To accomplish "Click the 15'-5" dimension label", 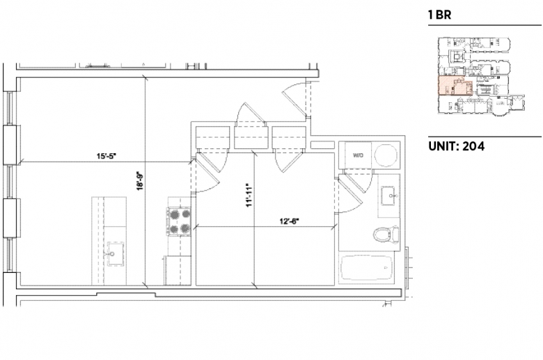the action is pyautogui.click(x=106, y=156).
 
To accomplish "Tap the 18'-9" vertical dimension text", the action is pyautogui.click(x=140, y=181).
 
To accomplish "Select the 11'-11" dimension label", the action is pyautogui.click(x=249, y=196).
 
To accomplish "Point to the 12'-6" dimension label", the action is pyautogui.click(x=289, y=221).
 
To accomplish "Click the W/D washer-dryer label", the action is pyautogui.click(x=358, y=155).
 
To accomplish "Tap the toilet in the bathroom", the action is pyautogui.click(x=386, y=235).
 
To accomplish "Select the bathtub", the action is pyautogui.click(x=367, y=268).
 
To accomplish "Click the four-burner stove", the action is pyautogui.click(x=180, y=221).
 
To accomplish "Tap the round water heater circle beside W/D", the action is pyautogui.click(x=386, y=155).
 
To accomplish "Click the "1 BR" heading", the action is pyautogui.click(x=439, y=15).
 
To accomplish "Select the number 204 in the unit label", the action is pyautogui.click(x=473, y=146).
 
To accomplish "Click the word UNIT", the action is pyautogui.click(x=442, y=146).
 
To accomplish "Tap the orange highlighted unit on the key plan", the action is pyautogui.click(x=455, y=86).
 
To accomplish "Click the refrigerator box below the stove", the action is pyautogui.click(x=178, y=271).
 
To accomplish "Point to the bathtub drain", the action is pyautogui.click(x=385, y=268).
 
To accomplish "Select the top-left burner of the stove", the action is pyautogui.click(x=173, y=214).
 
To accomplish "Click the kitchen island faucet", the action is pyautogui.click(x=112, y=254).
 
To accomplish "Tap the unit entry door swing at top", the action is pyautogui.click(x=294, y=99).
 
